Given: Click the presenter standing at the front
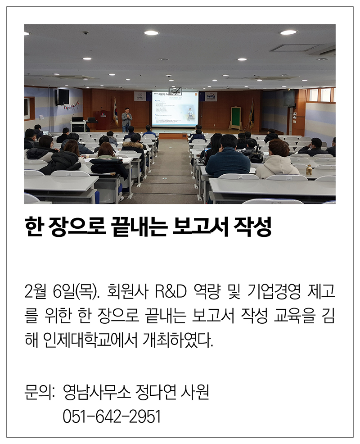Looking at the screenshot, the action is (x=127, y=119).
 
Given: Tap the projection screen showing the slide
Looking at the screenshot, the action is (x=175, y=109).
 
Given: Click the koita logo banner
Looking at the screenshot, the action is (x=211, y=96).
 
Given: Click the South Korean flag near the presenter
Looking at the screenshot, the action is (x=116, y=111).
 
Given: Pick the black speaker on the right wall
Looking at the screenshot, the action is (x=289, y=98).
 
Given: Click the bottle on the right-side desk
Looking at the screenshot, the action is (x=309, y=169).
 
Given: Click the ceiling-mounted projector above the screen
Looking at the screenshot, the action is (x=175, y=91).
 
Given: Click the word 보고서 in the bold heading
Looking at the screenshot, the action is (x=200, y=227).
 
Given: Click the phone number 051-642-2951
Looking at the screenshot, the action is (x=112, y=416).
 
